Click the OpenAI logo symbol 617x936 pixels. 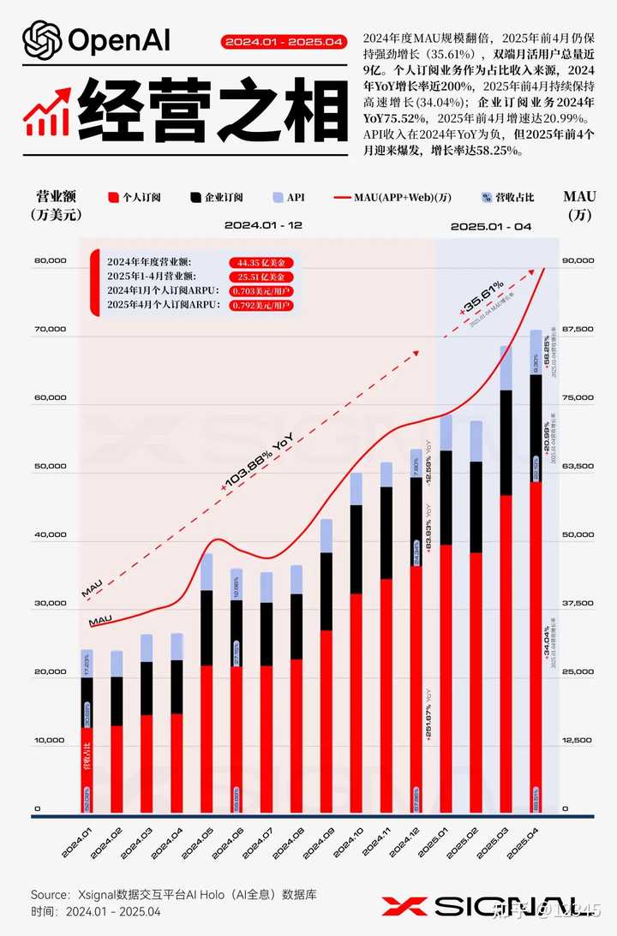point(40,39)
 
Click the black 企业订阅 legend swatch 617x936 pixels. point(195,197)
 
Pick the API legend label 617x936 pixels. point(296,197)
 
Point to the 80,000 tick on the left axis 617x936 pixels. point(49,261)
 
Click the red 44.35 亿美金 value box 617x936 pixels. point(262,262)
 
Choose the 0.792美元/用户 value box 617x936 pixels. point(262,305)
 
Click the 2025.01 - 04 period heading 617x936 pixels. point(491,227)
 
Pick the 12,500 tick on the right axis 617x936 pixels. point(576,740)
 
